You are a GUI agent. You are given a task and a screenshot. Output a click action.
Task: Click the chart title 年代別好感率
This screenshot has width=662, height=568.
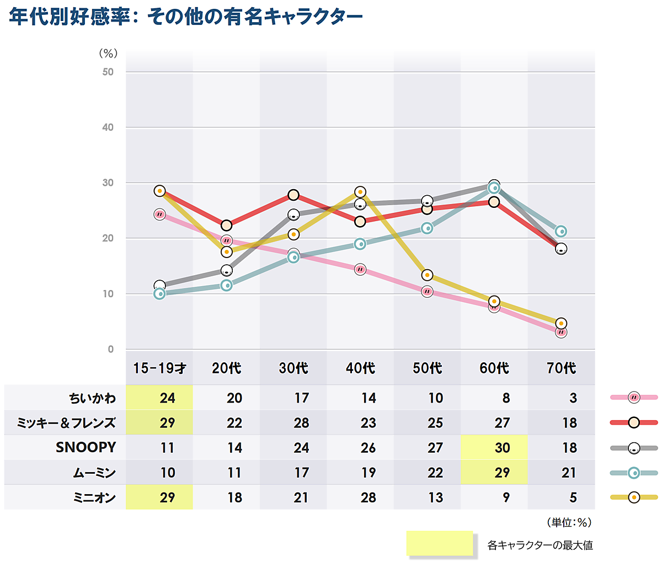pos(186,17)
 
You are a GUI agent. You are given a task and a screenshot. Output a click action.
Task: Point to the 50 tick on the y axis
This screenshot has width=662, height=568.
pos(108,72)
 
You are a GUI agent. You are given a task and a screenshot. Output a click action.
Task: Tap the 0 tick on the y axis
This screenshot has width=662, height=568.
pos(111,349)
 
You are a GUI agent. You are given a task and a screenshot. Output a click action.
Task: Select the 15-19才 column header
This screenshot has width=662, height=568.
pos(159,368)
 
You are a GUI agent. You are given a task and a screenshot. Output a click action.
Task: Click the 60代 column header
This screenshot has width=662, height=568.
pos(494,368)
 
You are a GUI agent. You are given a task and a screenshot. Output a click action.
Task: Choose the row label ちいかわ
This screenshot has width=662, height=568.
pos(93,398)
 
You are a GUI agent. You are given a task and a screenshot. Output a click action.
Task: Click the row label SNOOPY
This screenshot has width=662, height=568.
pos(86,447)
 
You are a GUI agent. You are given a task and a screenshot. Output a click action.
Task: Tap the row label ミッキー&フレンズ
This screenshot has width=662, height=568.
pos(66,423)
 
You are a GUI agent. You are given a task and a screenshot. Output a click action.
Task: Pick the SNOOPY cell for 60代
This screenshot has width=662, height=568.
pos(502,447)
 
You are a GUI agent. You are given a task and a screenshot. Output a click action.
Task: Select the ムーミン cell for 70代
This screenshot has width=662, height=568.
pos(569,473)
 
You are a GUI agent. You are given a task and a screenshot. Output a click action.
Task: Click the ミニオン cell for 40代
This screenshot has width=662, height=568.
pos(368,497)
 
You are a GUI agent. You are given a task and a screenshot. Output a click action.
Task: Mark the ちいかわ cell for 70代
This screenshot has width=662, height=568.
pos(573,398)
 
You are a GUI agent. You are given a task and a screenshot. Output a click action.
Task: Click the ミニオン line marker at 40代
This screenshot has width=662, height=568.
pos(360,192)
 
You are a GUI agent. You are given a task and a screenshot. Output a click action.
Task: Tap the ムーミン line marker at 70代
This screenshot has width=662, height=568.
pos(561,231)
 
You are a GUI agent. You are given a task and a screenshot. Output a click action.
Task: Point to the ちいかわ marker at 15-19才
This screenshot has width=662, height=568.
pos(159,214)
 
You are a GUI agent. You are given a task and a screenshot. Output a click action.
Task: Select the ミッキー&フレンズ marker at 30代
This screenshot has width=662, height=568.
pos(293,195)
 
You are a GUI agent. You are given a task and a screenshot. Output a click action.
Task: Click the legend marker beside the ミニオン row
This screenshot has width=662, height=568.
pos(634,497)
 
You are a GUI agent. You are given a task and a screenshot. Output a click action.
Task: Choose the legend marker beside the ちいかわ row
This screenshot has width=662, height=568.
pos(634,397)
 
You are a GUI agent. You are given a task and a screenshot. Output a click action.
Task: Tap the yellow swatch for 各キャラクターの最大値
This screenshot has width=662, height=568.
pos(440,543)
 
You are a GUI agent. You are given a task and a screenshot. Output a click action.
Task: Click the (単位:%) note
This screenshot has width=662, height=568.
pos(569,522)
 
